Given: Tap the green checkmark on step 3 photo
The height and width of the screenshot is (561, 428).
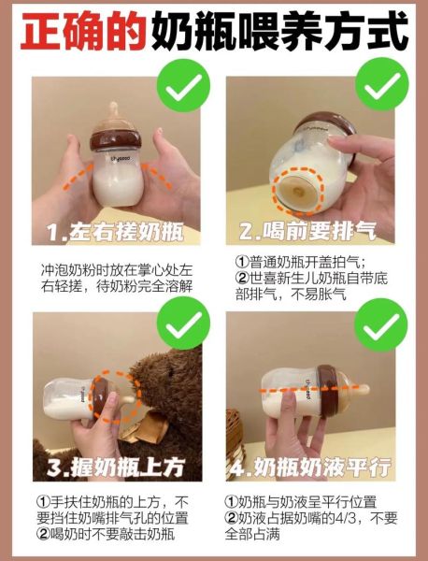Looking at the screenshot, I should click(180, 324).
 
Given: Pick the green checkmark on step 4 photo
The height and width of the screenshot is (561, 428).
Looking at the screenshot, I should click(383, 324).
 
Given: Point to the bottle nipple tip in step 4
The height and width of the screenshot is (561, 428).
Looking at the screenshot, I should click(360, 388).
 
